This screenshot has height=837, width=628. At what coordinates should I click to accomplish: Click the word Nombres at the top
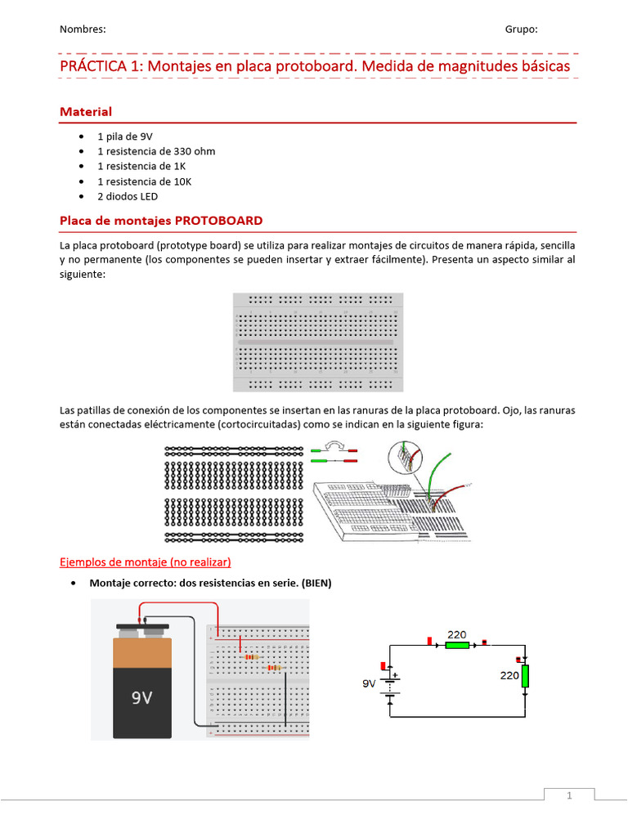(83, 29)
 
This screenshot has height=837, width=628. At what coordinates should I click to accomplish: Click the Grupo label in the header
(521, 29)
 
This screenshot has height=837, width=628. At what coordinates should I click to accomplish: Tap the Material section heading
(86, 111)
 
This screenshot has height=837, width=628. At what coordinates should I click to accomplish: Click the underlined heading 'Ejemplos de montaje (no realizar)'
(146, 562)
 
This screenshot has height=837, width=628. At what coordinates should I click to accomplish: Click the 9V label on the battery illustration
(141, 699)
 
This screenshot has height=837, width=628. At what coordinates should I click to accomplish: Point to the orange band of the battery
(142, 651)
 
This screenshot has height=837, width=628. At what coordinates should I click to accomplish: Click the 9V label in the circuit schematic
(370, 683)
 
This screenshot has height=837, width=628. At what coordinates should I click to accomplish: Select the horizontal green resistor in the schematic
(457, 645)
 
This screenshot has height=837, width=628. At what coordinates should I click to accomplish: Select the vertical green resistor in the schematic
(526, 676)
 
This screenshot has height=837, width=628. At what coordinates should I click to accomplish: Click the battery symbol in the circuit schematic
(391, 683)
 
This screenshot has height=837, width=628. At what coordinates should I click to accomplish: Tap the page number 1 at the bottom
(570, 795)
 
